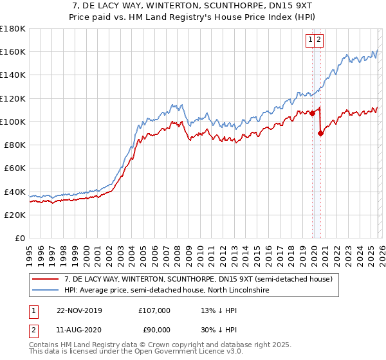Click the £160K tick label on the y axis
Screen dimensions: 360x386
pos(13,51)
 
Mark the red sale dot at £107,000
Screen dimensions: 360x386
pos(313,114)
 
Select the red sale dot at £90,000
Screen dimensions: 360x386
pos(321,133)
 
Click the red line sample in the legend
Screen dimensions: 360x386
pos(46,280)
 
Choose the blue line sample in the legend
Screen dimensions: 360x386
pos(46,291)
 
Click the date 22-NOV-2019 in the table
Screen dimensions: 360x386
pos(79,310)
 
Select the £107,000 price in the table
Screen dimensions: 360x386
pos(154,310)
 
